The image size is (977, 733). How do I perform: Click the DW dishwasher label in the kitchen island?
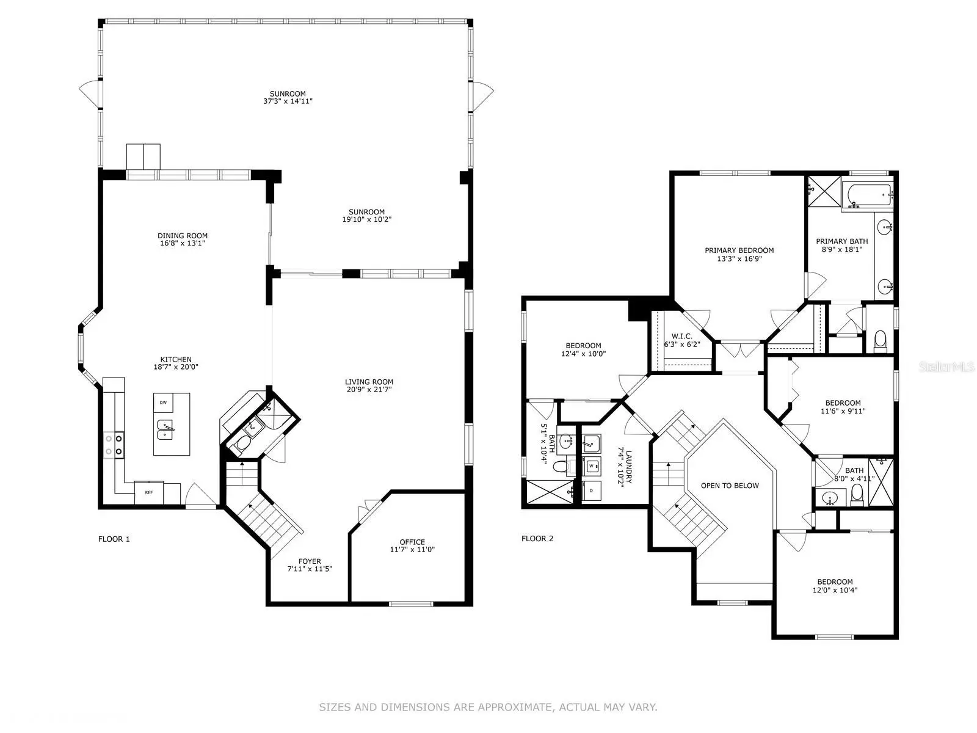click(x=163, y=403)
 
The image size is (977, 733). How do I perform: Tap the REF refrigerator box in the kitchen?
click(x=148, y=493)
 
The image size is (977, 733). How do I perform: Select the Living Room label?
click(x=369, y=382)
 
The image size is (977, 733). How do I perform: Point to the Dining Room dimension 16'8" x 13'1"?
click(x=183, y=244)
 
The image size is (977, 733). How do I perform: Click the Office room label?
click(x=412, y=542)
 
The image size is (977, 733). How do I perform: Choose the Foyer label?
click(x=310, y=561)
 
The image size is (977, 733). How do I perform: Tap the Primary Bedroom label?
click(x=739, y=250)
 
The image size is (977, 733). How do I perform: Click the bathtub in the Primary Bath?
click(x=870, y=196)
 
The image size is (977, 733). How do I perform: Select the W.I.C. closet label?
click(x=682, y=337)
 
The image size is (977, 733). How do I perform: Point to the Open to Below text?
click(x=730, y=486)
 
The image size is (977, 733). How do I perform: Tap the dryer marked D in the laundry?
click(x=592, y=490)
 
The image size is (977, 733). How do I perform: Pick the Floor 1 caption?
click(x=114, y=539)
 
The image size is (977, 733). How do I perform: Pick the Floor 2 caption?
click(x=537, y=539)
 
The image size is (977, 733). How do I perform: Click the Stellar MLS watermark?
click(x=946, y=366)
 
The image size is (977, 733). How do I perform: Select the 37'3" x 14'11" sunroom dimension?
click(x=288, y=101)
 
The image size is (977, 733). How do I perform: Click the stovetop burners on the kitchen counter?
click(x=114, y=445)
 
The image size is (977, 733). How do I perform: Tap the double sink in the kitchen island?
click(x=165, y=429)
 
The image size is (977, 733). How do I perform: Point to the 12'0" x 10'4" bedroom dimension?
click(x=835, y=590)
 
